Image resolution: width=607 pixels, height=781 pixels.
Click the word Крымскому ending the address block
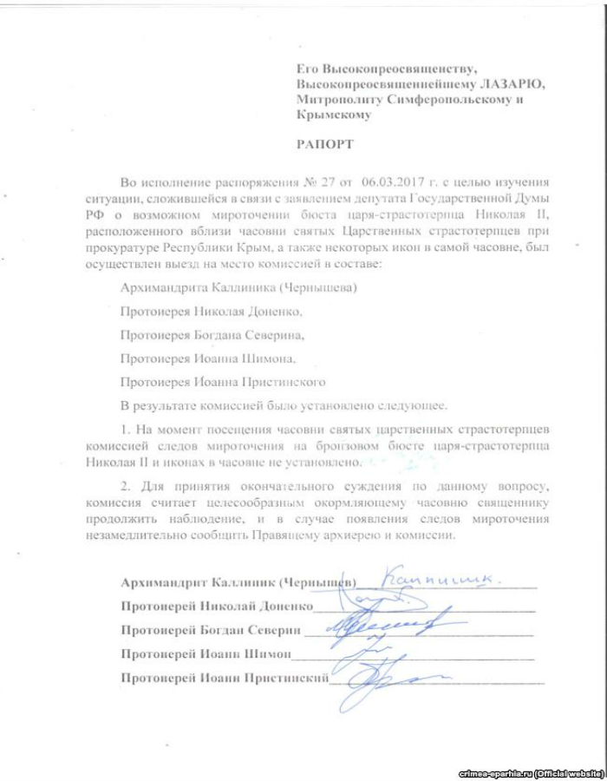tap(334, 115)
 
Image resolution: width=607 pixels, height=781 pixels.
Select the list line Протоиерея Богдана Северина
tap(214, 333)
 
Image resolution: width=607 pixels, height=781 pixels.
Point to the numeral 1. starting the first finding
tap(126, 430)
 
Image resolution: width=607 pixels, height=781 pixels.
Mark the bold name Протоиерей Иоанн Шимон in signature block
tap(206, 653)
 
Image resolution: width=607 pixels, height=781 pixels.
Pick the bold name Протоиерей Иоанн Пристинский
tap(224, 677)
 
